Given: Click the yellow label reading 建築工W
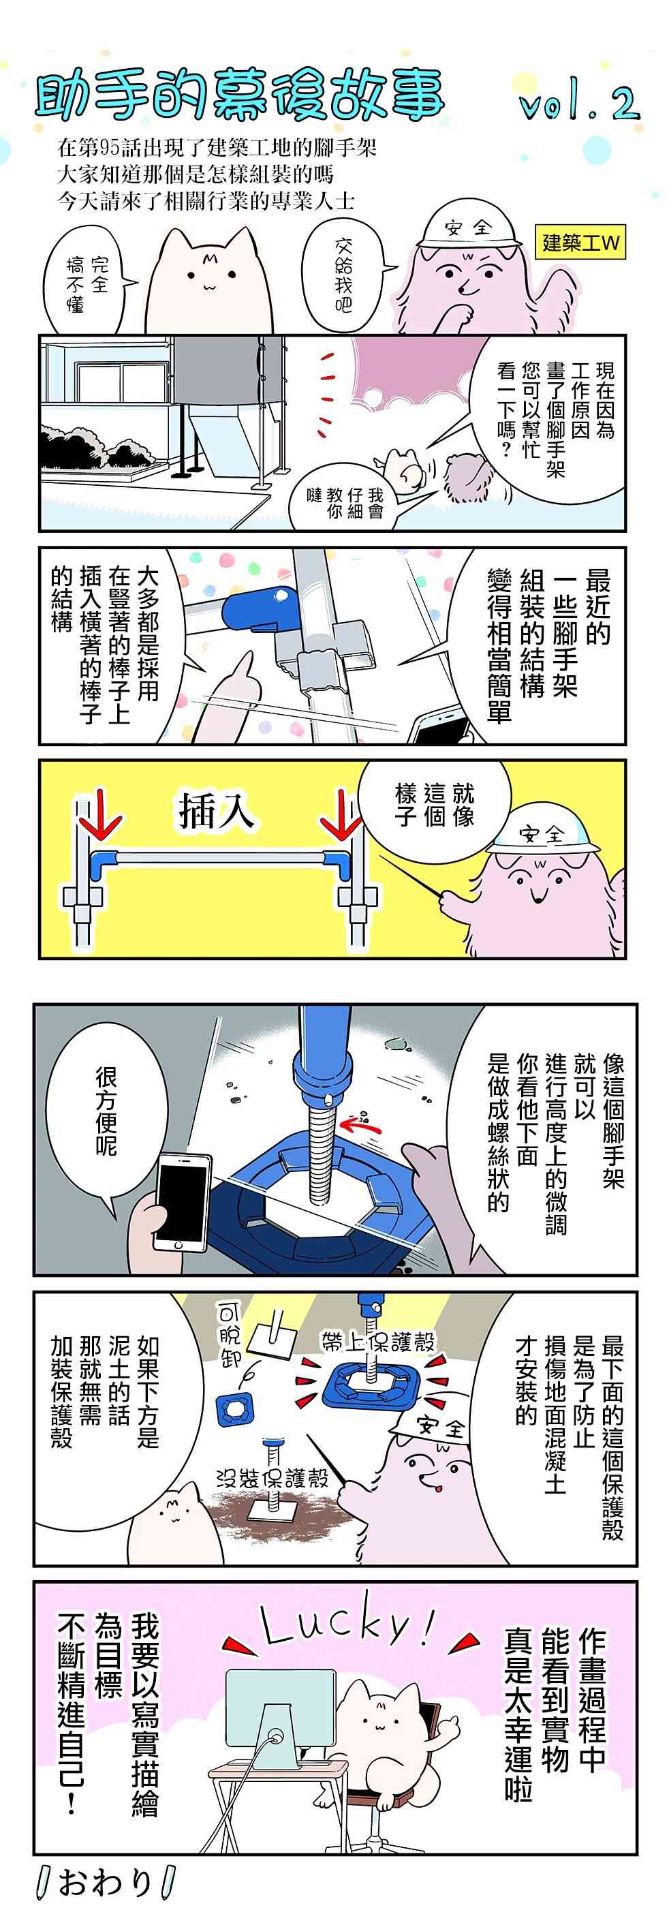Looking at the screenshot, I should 580,243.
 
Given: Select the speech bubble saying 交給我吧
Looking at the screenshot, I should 343,275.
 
